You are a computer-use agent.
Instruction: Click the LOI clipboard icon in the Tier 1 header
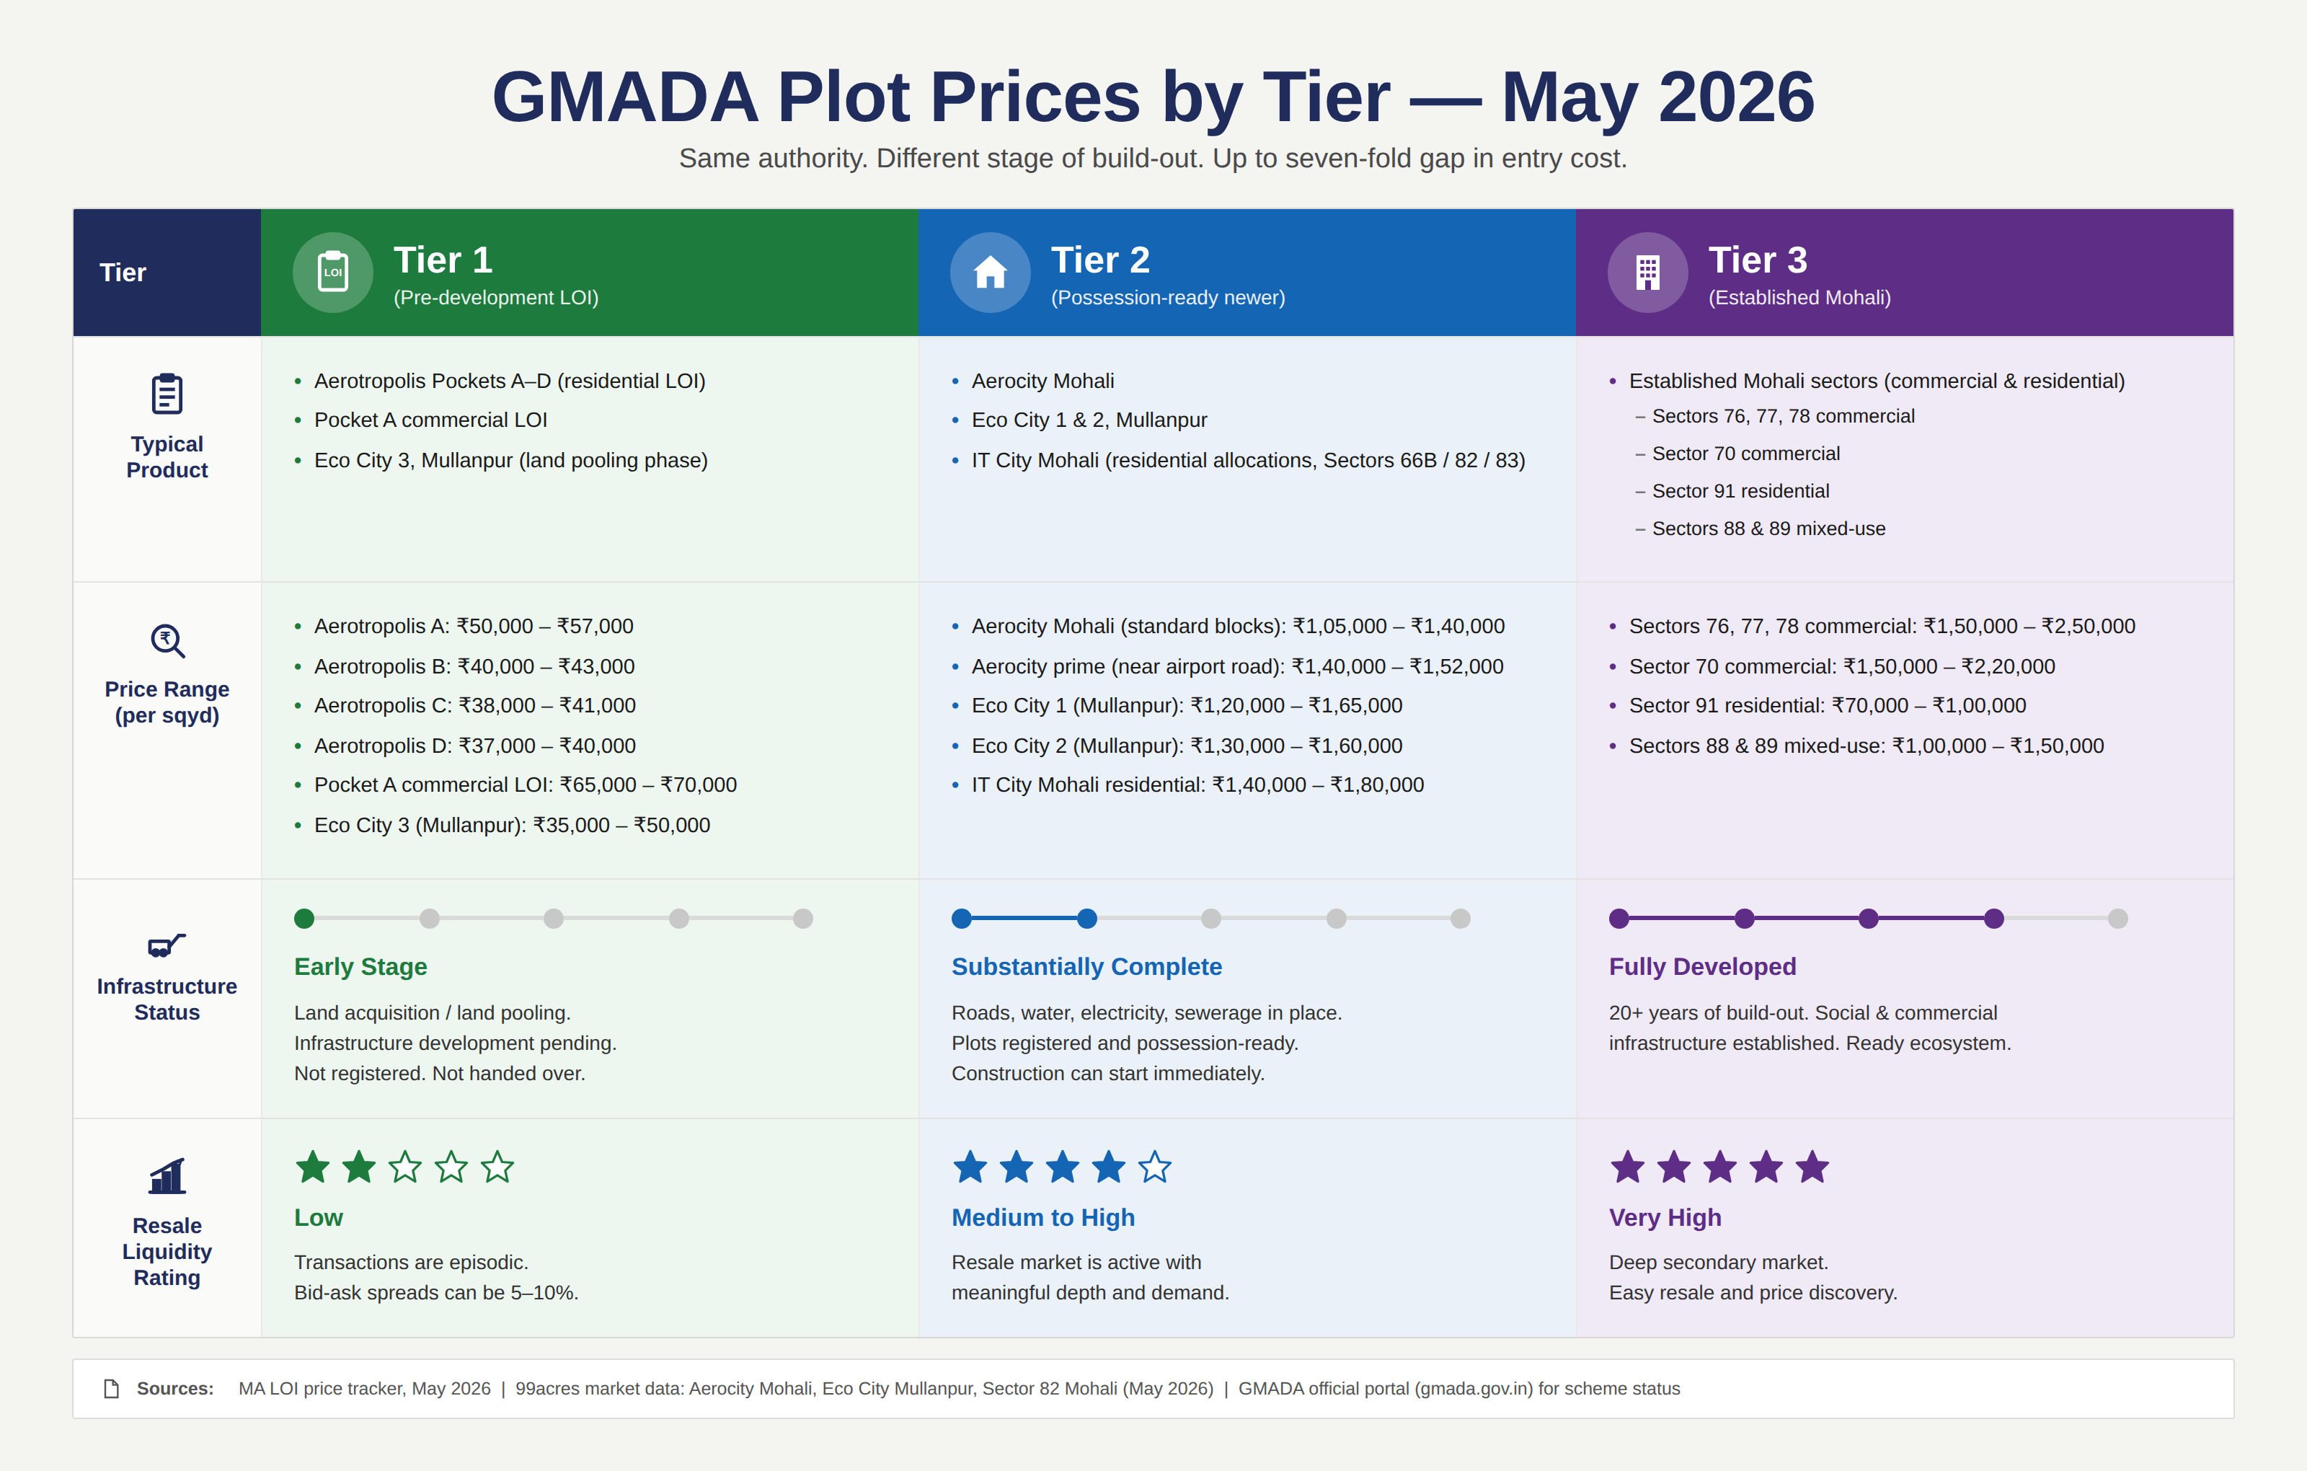[x=332, y=271]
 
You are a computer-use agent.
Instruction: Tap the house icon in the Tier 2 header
[x=990, y=272]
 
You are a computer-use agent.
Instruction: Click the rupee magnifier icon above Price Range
[x=168, y=640]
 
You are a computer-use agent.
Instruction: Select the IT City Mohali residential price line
[x=1197, y=785]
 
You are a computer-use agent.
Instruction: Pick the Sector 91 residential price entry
[x=1827, y=705]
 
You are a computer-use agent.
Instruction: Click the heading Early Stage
[x=360, y=967]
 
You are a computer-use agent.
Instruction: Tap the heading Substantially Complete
[x=1086, y=967]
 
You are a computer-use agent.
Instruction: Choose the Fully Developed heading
[x=1702, y=967]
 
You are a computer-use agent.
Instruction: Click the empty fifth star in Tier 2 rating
[x=1154, y=1167]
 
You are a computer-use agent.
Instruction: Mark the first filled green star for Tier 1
[x=312, y=1167]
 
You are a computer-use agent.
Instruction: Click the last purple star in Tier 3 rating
[x=1812, y=1167]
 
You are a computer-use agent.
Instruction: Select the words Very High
[x=1665, y=1218]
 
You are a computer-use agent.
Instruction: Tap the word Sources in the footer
[x=174, y=1389]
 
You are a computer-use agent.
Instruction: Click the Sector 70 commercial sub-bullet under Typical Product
[x=1745, y=454]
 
